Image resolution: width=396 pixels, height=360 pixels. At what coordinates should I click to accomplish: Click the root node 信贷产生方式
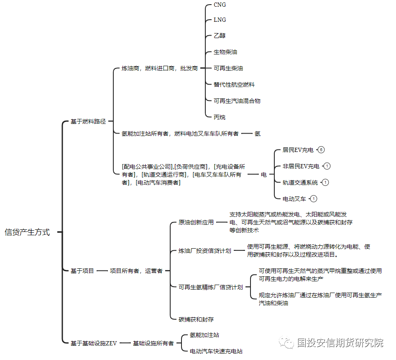tap(27, 232)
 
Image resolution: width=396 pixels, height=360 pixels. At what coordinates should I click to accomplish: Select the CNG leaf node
tap(220, 5)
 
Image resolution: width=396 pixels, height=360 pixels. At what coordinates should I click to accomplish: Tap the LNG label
tap(220, 20)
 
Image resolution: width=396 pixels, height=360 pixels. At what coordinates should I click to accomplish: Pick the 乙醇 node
tap(220, 36)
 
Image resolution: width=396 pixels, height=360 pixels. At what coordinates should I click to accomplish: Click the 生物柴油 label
tap(225, 52)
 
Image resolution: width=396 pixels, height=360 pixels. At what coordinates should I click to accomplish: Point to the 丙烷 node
tap(220, 117)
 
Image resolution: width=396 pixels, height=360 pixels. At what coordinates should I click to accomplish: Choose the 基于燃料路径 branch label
tap(88, 121)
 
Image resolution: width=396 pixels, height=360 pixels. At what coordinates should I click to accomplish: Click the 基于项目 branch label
tap(82, 271)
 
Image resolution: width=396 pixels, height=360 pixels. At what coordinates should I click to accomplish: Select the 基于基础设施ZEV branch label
tap(93, 343)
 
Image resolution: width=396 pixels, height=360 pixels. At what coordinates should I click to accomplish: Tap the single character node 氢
tap(257, 134)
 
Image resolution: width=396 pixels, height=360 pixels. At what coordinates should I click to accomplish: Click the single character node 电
tap(264, 175)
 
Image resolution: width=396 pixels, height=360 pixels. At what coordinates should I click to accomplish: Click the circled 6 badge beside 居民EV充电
tap(321, 150)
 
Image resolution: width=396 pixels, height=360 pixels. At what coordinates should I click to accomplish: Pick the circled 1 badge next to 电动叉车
tap(314, 199)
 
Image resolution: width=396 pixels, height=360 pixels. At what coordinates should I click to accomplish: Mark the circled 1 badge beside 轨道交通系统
tap(325, 183)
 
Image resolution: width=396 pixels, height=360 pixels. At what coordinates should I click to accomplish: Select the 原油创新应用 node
tap(196, 222)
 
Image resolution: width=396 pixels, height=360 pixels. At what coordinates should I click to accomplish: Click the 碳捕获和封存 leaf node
tap(196, 319)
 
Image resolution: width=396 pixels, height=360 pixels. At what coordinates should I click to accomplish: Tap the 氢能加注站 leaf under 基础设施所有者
tap(204, 335)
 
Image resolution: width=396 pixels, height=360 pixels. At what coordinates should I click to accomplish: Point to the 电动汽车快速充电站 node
tap(216, 351)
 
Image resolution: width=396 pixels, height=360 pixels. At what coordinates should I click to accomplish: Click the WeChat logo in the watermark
tap(286, 342)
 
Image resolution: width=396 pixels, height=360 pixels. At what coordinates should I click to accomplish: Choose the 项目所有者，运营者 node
tap(136, 271)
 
